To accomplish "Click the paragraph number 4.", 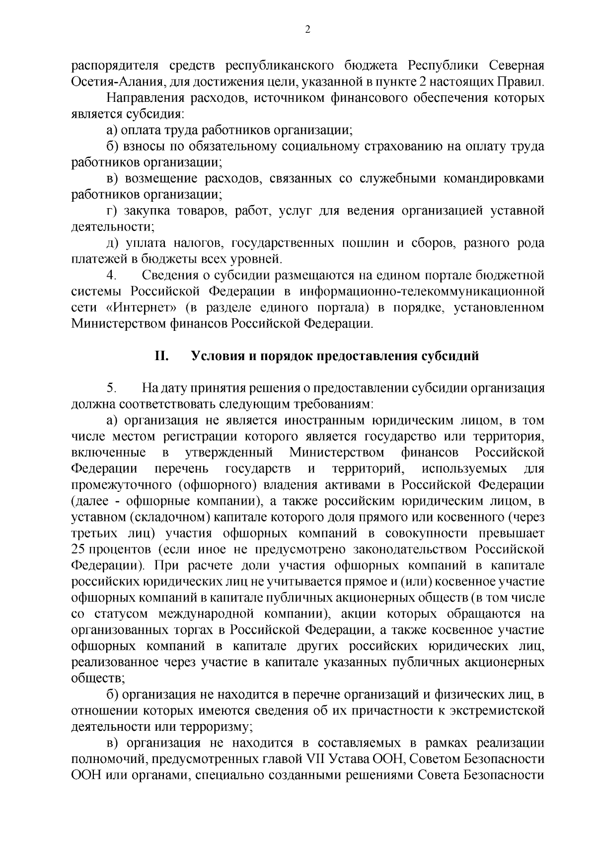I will coord(111,275).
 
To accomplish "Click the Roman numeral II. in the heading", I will coord(162,356).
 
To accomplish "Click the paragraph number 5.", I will coord(111,388).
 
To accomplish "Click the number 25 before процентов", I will coord(78,549).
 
